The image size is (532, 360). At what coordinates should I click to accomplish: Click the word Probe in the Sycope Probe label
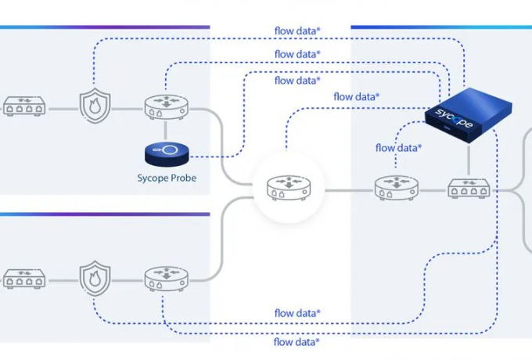pyautogui.click(x=182, y=178)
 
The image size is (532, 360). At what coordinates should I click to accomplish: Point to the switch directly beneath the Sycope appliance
pyautogui.click(x=469, y=189)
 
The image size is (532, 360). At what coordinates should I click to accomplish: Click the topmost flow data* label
pyautogui.click(x=297, y=31)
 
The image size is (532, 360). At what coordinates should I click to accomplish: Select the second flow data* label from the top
pyautogui.click(x=297, y=54)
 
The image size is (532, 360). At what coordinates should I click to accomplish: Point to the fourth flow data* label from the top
pyautogui.click(x=357, y=96)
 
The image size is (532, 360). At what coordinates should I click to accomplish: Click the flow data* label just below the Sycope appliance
pyautogui.click(x=398, y=147)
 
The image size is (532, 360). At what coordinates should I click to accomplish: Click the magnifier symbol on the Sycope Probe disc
pyautogui.click(x=167, y=149)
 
